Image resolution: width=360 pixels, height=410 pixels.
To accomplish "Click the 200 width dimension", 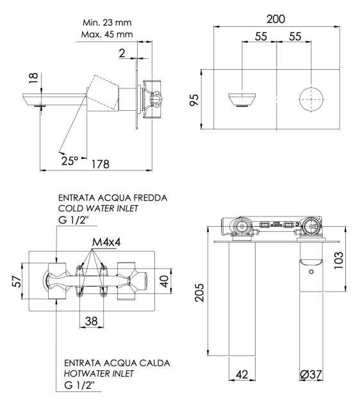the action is point(276,19).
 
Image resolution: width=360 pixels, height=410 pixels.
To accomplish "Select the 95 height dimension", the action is point(194,100).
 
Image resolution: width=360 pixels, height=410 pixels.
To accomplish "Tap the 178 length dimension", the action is point(101,164).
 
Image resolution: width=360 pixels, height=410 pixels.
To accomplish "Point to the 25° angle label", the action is point(70,160).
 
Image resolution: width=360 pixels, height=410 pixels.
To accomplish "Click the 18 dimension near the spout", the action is point(33,78).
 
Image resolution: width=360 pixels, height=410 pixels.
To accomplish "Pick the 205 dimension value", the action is point(199,292).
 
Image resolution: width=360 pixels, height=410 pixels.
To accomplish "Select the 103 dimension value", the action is point(339,260).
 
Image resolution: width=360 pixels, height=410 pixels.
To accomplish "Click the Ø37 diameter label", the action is point(311,374).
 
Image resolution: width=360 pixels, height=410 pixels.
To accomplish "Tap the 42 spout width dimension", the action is point(242,374).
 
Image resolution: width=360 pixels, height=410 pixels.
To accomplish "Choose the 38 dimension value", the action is point(92,320).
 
